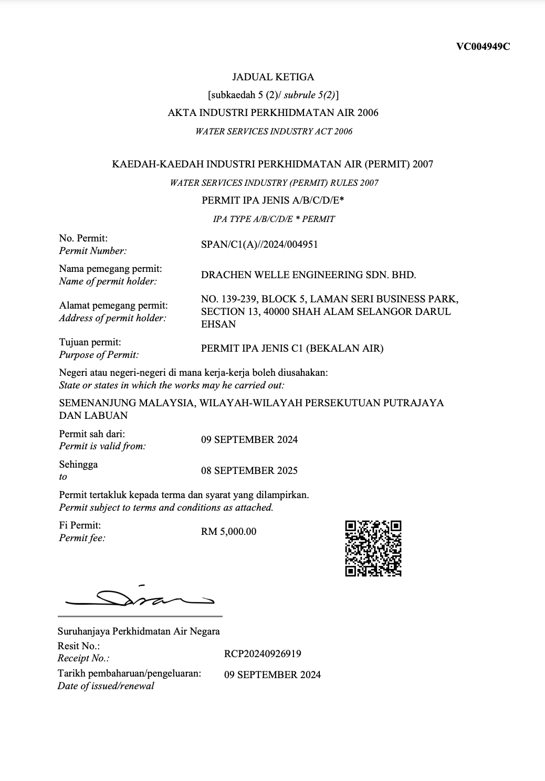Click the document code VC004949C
[x=483, y=46]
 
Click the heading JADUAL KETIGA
[x=273, y=77]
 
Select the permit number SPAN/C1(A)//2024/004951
[x=259, y=245]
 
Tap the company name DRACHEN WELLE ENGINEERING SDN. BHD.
[x=308, y=275]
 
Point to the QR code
[x=373, y=548]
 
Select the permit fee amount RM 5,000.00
[x=228, y=532]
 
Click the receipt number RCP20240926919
[x=263, y=654]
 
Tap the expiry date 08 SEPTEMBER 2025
[x=249, y=471]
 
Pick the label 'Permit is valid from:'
[x=102, y=447]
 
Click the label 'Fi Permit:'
[x=80, y=525]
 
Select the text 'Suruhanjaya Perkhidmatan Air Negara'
[x=139, y=631]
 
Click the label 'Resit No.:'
[x=78, y=646]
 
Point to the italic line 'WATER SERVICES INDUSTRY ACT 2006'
[x=274, y=131]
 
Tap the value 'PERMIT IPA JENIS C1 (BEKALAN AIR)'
[x=292, y=349]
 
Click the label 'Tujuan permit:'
[x=90, y=342]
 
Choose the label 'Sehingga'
[x=78, y=465]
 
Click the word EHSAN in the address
[x=218, y=324]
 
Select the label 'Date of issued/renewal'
[x=106, y=686]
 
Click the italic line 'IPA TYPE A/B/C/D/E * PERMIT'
[x=274, y=219]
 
